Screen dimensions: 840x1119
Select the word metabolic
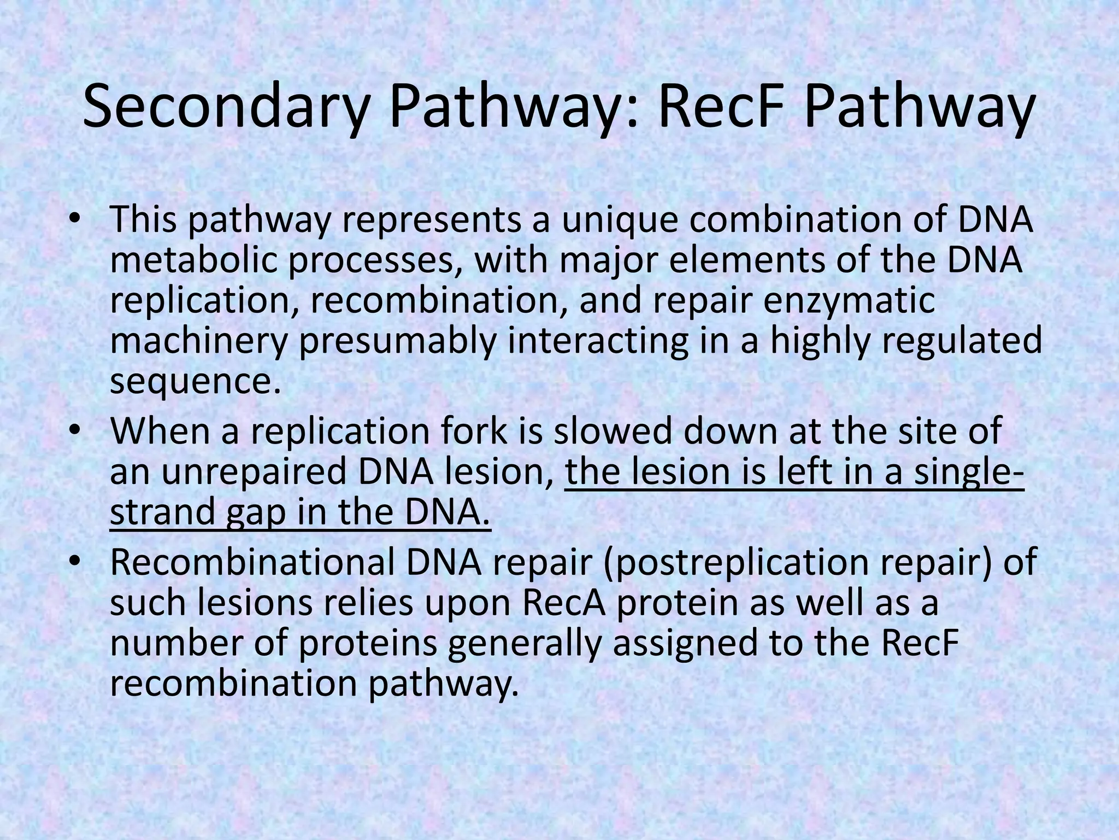[x=193, y=260]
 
